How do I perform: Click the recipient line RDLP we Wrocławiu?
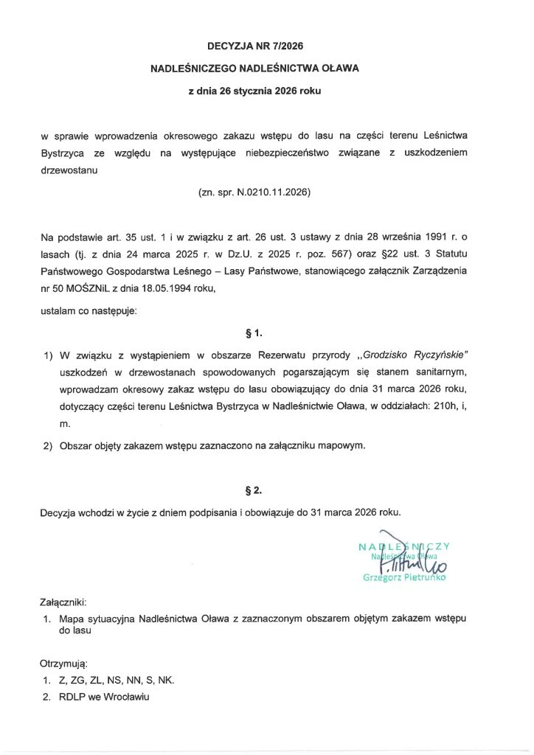[x=105, y=697]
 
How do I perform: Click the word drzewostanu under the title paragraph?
[x=69, y=169]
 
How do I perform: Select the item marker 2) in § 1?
[x=49, y=446]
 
